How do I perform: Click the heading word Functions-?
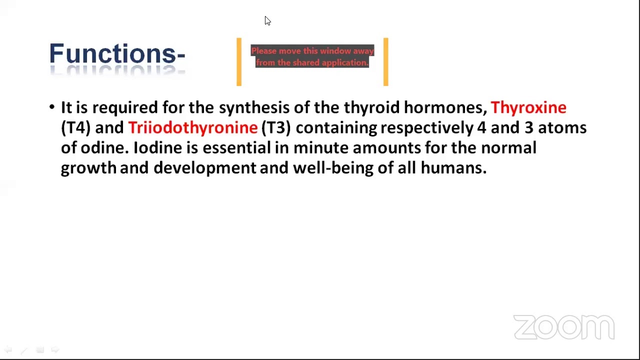pyautogui.click(x=117, y=53)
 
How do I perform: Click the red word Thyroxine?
pyautogui.click(x=528, y=108)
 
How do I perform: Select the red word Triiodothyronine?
pyautogui.click(x=193, y=127)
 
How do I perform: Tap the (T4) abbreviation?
pyautogui.click(x=75, y=127)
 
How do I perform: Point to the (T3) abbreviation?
pyautogui.click(x=276, y=127)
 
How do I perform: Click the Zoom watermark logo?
pyautogui.click(x=564, y=327)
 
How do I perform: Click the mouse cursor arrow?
pyautogui.click(x=267, y=20)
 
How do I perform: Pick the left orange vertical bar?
pyautogui.click(x=239, y=61)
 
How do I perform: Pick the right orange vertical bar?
pyautogui.click(x=386, y=61)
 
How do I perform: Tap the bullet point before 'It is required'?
pyautogui.click(x=51, y=107)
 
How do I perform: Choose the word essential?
pyautogui.click(x=236, y=148)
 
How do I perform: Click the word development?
pyautogui.click(x=205, y=168)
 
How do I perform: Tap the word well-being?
pyautogui.click(x=333, y=168)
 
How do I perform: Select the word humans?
pyautogui.click(x=453, y=168)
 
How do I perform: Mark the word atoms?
pyautogui.click(x=562, y=127)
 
